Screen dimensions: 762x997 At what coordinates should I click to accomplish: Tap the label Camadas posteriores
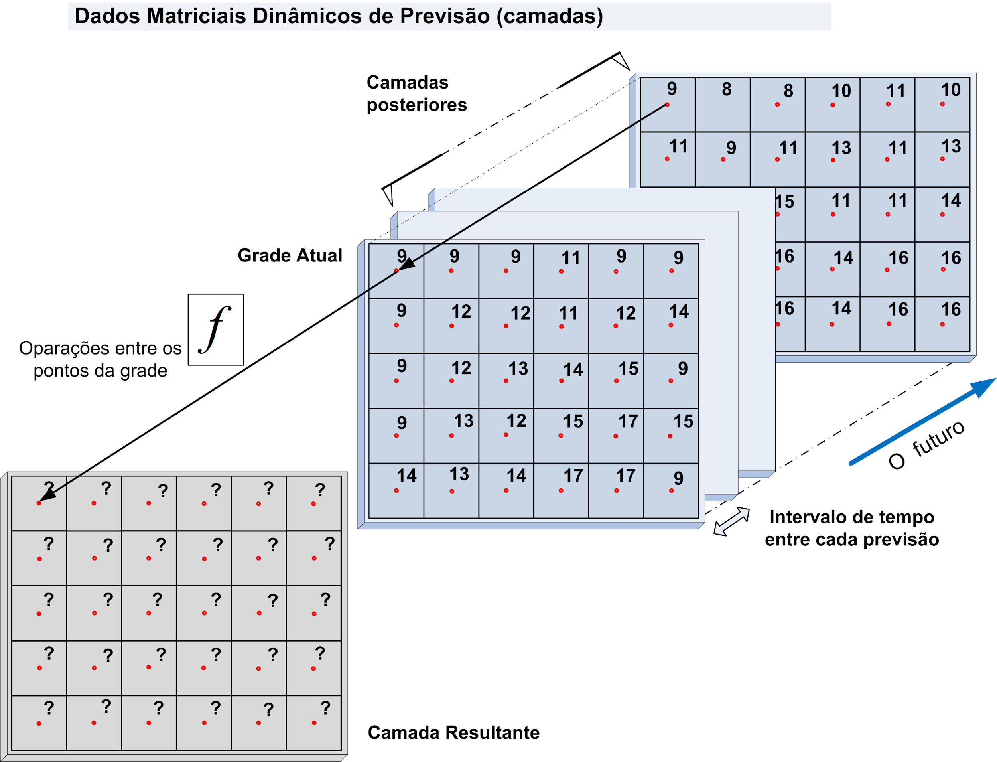point(416,93)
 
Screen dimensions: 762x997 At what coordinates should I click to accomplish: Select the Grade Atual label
point(290,255)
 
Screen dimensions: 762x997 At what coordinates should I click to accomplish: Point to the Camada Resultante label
point(453,732)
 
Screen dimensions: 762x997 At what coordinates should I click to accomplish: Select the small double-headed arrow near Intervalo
point(731,521)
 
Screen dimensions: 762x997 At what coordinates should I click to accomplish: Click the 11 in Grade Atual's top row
point(570,258)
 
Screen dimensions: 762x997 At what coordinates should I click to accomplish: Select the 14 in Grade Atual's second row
point(679,312)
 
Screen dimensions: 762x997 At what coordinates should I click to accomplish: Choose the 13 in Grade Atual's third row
point(518,369)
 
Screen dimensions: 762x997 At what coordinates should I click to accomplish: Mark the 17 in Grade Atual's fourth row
point(628,421)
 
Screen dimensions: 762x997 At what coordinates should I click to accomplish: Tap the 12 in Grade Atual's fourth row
point(516,421)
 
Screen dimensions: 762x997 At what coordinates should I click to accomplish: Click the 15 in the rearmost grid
point(784,202)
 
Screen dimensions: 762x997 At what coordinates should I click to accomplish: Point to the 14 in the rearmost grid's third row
point(950,201)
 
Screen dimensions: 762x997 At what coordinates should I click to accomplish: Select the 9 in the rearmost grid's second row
point(731,148)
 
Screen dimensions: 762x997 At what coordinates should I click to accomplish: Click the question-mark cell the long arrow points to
point(39,503)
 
